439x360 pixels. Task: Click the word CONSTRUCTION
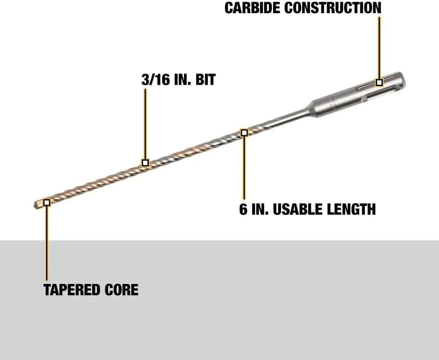[x=333, y=8]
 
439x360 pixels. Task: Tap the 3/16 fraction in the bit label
[x=156, y=79]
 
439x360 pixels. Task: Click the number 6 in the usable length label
[x=243, y=209]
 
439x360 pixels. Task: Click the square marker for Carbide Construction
[x=379, y=82]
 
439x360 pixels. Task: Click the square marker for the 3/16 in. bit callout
[x=145, y=162]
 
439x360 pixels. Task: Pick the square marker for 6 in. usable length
[x=244, y=133]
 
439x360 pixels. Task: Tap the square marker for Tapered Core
[x=47, y=202]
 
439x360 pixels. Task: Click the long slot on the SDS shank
[x=377, y=97]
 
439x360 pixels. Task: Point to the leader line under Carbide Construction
[x=379, y=47]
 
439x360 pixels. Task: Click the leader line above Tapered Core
[x=47, y=243]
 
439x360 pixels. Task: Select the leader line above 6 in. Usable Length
[x=244, y=168]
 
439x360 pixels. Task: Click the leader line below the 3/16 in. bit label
[x=145, y=124]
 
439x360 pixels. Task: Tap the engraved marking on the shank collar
[x=333, y=103]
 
